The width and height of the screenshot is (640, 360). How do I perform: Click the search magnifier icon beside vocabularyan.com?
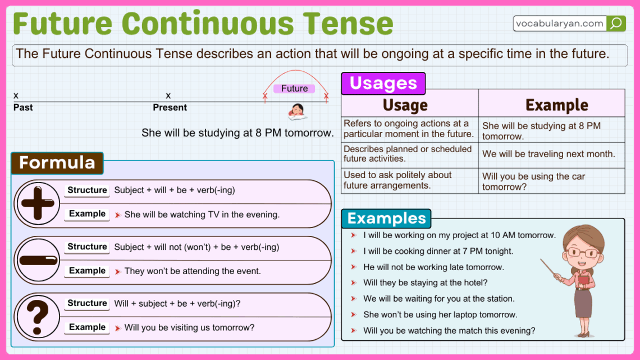616,23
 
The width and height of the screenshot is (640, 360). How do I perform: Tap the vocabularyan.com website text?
560,24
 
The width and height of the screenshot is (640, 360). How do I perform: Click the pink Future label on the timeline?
294,88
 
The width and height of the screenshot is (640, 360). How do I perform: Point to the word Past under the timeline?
23,107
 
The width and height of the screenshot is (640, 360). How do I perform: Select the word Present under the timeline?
170,107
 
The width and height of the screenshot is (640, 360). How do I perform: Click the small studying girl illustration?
296,112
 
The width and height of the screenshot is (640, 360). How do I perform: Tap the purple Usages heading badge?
383,84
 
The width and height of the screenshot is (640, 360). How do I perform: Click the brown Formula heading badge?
57,163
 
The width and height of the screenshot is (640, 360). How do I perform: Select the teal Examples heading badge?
386,218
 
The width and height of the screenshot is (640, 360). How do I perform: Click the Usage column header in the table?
405,105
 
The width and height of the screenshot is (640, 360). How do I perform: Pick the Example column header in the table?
556,105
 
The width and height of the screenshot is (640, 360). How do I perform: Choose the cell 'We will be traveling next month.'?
548,154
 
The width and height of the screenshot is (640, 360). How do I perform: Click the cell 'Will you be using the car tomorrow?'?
533,181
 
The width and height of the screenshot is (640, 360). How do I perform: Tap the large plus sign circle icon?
38,203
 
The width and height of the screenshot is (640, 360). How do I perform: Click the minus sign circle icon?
38,260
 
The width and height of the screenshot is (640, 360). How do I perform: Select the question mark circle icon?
38,316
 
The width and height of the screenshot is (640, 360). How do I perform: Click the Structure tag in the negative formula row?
87,247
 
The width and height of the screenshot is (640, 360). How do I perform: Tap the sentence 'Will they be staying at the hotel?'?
425,283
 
